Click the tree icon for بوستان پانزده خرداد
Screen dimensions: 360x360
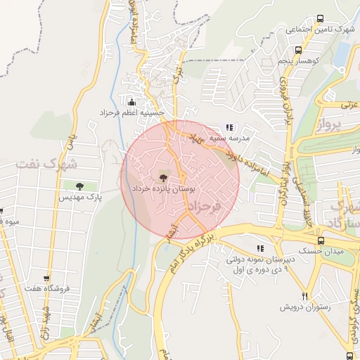[163, 178]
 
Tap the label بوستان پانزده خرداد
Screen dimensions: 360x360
[164, 190]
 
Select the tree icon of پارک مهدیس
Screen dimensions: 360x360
[79, 186]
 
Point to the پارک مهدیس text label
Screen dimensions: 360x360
[79, 198]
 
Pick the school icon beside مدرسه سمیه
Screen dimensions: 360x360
[229, 127]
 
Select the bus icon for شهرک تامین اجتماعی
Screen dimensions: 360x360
[321, 19]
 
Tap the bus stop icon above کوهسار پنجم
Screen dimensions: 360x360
[299, 51]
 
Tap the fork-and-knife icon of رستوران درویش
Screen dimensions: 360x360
[304, 296]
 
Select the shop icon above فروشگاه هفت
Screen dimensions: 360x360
[46, 279]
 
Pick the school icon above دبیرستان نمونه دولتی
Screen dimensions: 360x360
[261, 248]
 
